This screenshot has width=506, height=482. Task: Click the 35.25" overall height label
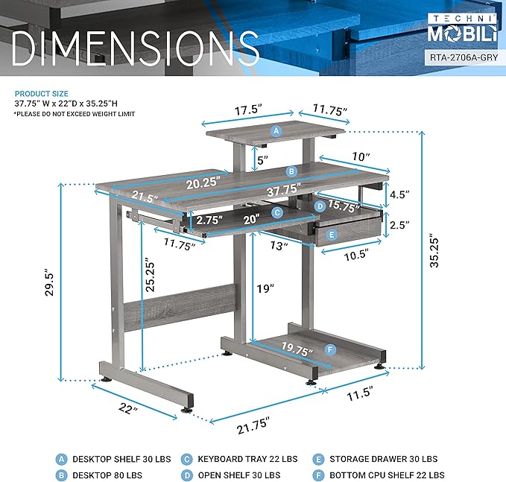pos(435,253)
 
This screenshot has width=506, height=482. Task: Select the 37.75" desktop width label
pos(284,189)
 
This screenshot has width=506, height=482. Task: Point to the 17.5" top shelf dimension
pos(247,110)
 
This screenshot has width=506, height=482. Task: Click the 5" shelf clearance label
pos(263,160)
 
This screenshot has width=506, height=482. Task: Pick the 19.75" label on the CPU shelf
pos(297,349)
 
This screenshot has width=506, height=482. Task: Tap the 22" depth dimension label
pos(127,408)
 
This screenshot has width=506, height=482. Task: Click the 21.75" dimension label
pos(253,425)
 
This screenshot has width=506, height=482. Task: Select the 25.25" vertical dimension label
pos(150,275)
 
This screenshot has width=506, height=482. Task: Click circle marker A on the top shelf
pos(276,131)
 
